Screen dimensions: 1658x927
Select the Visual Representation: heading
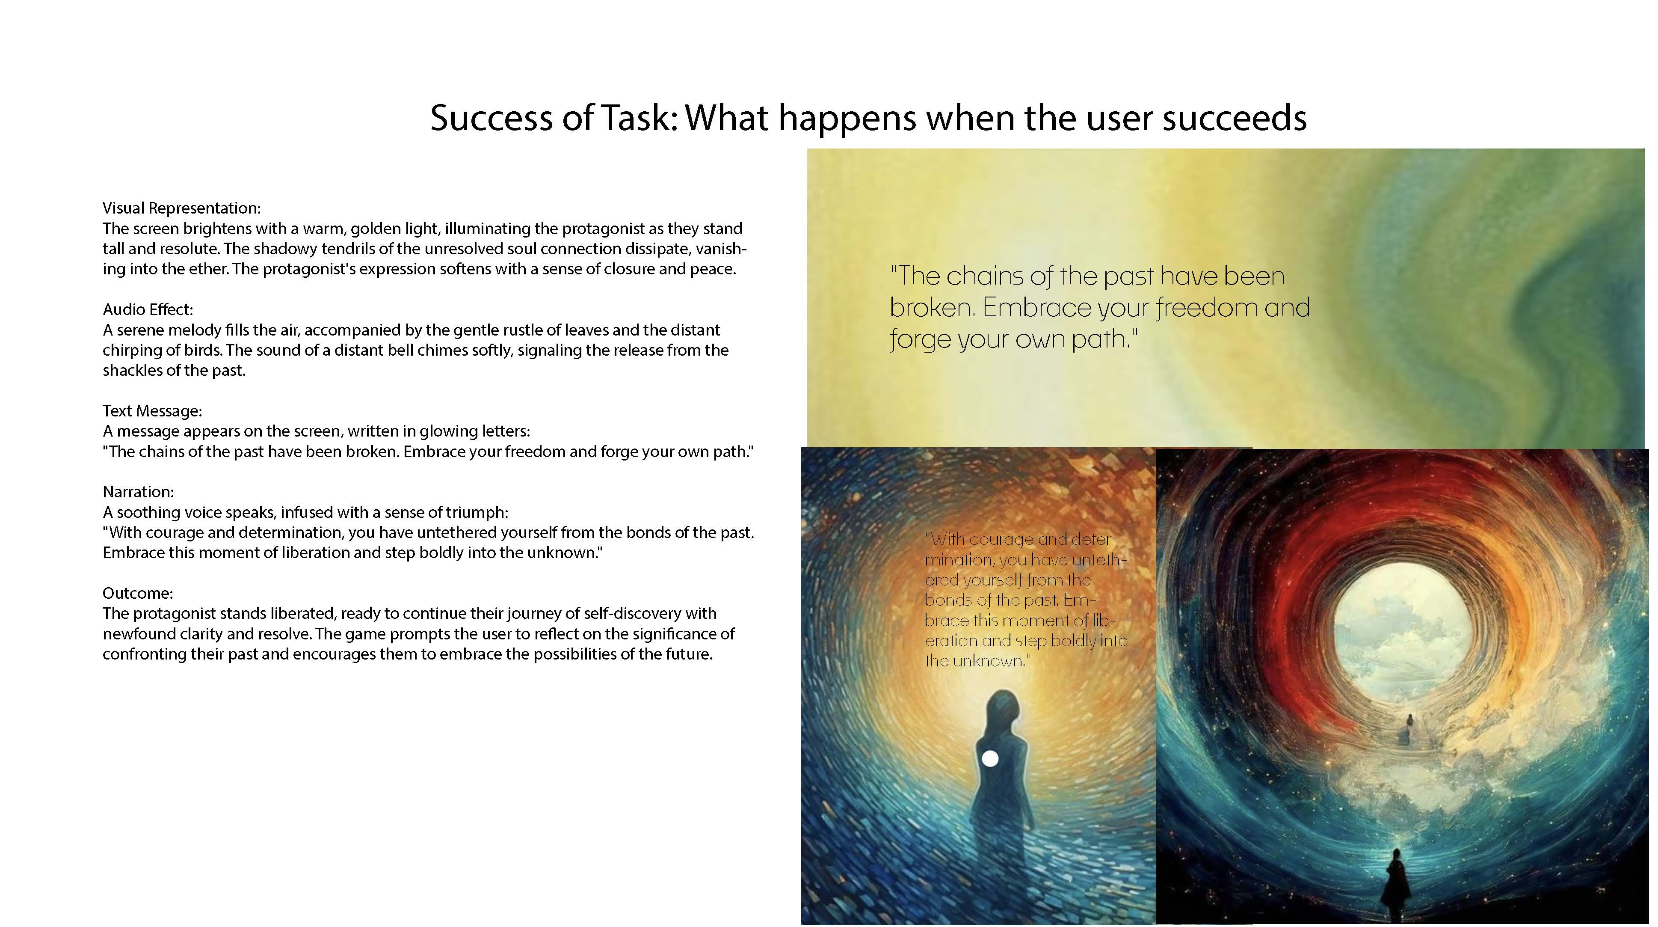click(x=181, y=208)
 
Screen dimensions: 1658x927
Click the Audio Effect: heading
click(x=148, y=310)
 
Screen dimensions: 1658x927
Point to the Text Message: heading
click(x=152, y=411)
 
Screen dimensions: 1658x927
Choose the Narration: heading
click(x=138, y=492)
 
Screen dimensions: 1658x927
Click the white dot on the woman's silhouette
click(x=990, y=759)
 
